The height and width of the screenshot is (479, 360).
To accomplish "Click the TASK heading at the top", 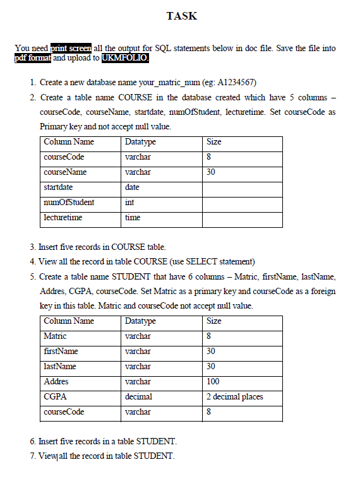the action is [x=181, y=16].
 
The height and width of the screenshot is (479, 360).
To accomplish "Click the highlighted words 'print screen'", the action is [x=71, y=49].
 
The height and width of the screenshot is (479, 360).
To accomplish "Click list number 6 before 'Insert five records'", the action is [x=32, y=441].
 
